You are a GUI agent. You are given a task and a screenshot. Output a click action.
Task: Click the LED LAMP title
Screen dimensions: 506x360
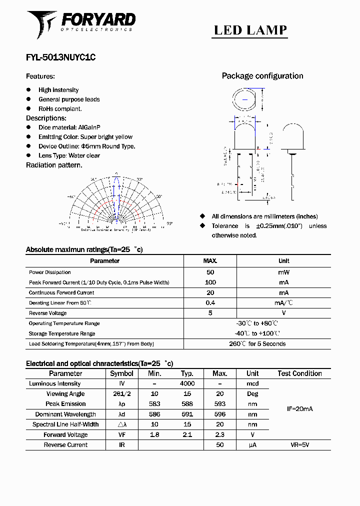(x=250, y=30)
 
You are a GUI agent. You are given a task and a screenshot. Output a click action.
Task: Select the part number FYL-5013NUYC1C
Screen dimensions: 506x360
(x=60, y=57)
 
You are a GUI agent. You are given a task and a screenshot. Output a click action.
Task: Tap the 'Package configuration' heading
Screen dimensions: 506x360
(x=262, y=76)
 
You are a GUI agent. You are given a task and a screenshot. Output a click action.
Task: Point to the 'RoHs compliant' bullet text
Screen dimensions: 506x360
(x=60, y=108)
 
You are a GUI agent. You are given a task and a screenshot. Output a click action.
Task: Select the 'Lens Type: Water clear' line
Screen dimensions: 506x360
(x=69, y=155)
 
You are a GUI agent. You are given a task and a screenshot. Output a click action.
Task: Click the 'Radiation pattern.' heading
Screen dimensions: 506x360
(x=54, y=165)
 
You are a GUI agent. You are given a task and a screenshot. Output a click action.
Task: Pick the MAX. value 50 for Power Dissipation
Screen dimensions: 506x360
(x=210, y=272)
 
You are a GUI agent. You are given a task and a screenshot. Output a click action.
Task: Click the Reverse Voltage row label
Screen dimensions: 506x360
(x=47, y=313)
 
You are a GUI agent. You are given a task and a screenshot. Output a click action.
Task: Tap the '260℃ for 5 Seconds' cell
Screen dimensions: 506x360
(x=257, y=344)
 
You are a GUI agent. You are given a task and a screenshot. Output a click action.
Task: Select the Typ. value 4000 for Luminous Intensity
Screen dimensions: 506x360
(x=187, y=383)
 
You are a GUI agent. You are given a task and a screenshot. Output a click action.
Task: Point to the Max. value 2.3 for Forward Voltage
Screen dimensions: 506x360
(x=219, y=435)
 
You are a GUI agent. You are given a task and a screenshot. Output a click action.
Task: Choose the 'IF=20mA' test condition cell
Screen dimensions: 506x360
(x=299, y=409)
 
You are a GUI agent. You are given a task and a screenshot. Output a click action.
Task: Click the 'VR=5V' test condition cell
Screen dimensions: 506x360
(x=299, y=445)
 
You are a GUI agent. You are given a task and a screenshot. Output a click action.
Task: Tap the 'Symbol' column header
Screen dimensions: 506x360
(x=121, y=373)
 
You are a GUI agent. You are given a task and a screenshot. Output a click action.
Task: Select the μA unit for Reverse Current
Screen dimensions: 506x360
(x=252, y=445)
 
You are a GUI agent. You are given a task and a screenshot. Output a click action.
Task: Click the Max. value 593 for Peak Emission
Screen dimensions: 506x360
(x=219, y=404)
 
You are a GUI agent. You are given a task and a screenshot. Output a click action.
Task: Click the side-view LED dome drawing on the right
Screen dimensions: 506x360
(x=291, y=137)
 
